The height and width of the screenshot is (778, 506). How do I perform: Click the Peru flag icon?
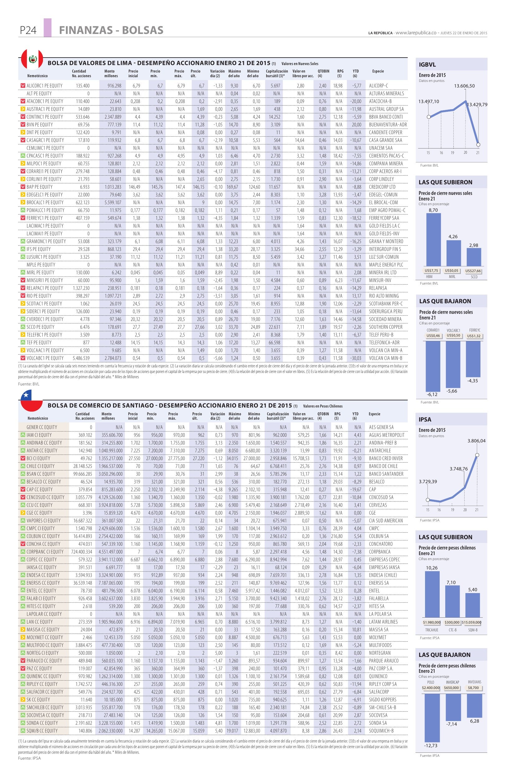pos(32,59)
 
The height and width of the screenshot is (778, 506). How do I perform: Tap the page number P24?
pos(27,31)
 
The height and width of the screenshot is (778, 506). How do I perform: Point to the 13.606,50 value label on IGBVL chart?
pos(464,86)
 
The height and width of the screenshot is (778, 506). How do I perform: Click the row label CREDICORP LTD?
pos(382,187)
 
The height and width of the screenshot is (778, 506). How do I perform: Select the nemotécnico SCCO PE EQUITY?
pos(40,327)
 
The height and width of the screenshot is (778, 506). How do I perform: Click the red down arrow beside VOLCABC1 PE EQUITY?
pos(22,358)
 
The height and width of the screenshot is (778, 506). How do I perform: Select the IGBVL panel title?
pos(427,65)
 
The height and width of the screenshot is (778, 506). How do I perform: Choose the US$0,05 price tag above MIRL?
pos(453,271)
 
